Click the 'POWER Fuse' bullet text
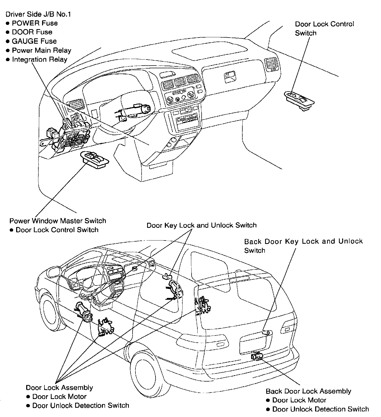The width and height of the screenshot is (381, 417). [35, 23]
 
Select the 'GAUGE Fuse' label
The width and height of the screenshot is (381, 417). [34, 41]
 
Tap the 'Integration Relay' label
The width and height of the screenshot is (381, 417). [39, 60]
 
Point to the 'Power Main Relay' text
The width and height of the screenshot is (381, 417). [42, 50]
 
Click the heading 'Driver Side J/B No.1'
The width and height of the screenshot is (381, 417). [38, 14]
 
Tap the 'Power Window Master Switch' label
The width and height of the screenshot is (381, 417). [57, 221]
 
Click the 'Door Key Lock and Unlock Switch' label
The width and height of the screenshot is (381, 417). [202, 225]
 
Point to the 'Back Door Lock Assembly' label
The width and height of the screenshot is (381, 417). [308, 391]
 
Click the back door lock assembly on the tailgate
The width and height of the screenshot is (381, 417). [257, 356]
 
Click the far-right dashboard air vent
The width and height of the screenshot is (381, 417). [271, 64]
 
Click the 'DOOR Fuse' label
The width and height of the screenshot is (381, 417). [32, 32]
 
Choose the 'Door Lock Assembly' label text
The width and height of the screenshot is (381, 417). [59, 388]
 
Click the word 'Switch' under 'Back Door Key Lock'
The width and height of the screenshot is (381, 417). [255, 251]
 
